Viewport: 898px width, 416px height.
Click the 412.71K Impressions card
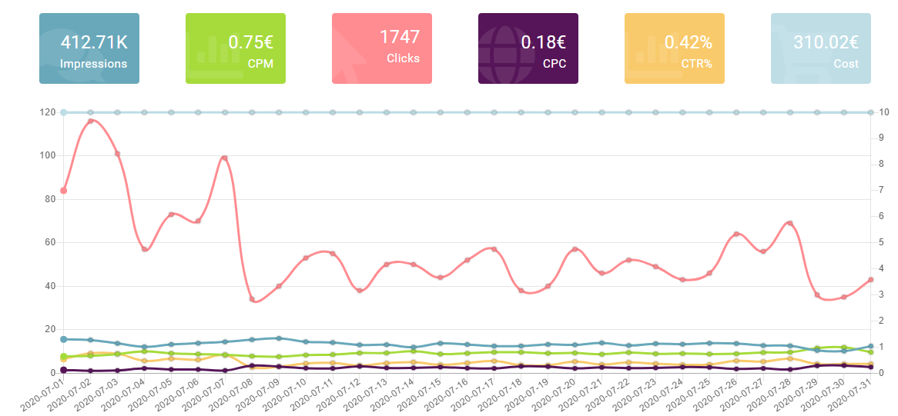pos(89,48)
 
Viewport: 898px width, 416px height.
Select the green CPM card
pos(235,48)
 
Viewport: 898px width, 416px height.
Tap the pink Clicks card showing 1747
pos(381,48)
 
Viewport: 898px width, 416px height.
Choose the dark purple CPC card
pos(528,48)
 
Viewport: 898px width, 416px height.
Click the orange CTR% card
pos(674,48)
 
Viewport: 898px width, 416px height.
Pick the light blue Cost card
pos(820,48)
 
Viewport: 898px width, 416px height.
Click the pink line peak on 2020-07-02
pos(91,121)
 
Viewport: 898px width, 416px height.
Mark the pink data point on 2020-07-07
pos(225,158)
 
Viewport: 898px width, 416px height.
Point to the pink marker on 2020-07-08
pos(252,299)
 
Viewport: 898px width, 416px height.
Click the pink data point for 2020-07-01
pos(64,191)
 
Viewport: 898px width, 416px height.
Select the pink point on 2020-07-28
pos(789,223)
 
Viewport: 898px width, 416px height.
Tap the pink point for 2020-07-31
pos(870,280)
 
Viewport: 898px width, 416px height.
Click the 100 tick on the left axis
pos(49,155)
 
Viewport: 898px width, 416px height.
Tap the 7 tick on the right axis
pos(885,190)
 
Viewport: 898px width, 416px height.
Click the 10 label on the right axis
pos(885,112)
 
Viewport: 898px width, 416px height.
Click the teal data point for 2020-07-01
pos(64,339)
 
